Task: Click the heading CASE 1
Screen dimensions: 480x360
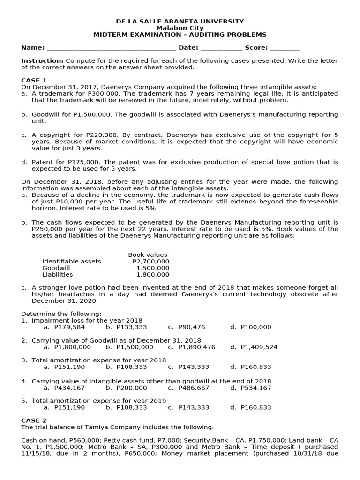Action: (34, 80)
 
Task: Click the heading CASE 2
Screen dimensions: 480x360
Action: (34, 420)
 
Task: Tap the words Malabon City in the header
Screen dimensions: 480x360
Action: (180, 28)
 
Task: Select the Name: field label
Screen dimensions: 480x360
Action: (33, 48)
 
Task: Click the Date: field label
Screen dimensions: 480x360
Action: (188, 48)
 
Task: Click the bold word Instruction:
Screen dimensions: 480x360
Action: (42, 61)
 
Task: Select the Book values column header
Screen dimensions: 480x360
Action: (148, 255)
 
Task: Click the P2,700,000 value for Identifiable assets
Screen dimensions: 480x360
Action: (151, 262)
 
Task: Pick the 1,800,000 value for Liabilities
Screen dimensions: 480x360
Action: (153, 275)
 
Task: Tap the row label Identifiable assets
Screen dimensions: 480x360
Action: (71, 262)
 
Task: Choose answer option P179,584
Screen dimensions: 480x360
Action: (69, 327)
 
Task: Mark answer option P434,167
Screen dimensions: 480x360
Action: (69, 388)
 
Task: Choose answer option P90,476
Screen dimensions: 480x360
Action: (192, 327)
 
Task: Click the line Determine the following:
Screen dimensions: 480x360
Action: (61, 314)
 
